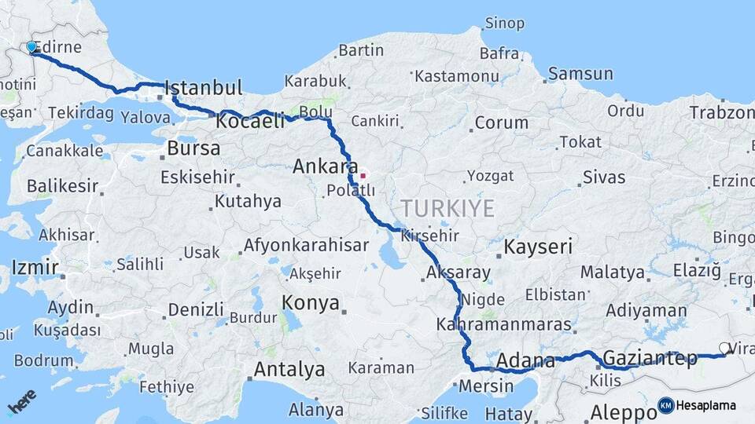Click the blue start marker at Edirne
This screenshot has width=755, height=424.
pos(32,47)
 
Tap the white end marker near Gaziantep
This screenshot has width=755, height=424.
pos(724,348)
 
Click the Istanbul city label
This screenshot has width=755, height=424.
pos(204,87)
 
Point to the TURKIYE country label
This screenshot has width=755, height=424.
pos(447,208)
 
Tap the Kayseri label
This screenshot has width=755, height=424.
pos(538,247)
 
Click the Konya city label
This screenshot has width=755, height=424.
pos(311,303)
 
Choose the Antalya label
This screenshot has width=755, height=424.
pos(289,369)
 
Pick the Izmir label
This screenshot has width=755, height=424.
pos(35,268)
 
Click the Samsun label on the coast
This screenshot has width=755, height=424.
pos(580,74)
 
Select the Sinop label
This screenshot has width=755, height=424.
pos(504,24)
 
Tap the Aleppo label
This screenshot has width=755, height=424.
pos(617,412)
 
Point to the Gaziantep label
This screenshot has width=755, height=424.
pos(650,360)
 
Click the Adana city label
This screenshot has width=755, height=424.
pos(525,362)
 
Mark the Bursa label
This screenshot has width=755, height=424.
pos(193,148)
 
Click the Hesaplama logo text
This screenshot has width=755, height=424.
pos(705,405)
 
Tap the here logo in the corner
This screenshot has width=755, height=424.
pos(22,402)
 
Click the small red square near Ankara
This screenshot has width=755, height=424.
pos(363,176)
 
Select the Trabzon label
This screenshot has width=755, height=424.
pos(721,113)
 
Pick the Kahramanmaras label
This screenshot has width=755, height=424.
pos(503,324)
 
